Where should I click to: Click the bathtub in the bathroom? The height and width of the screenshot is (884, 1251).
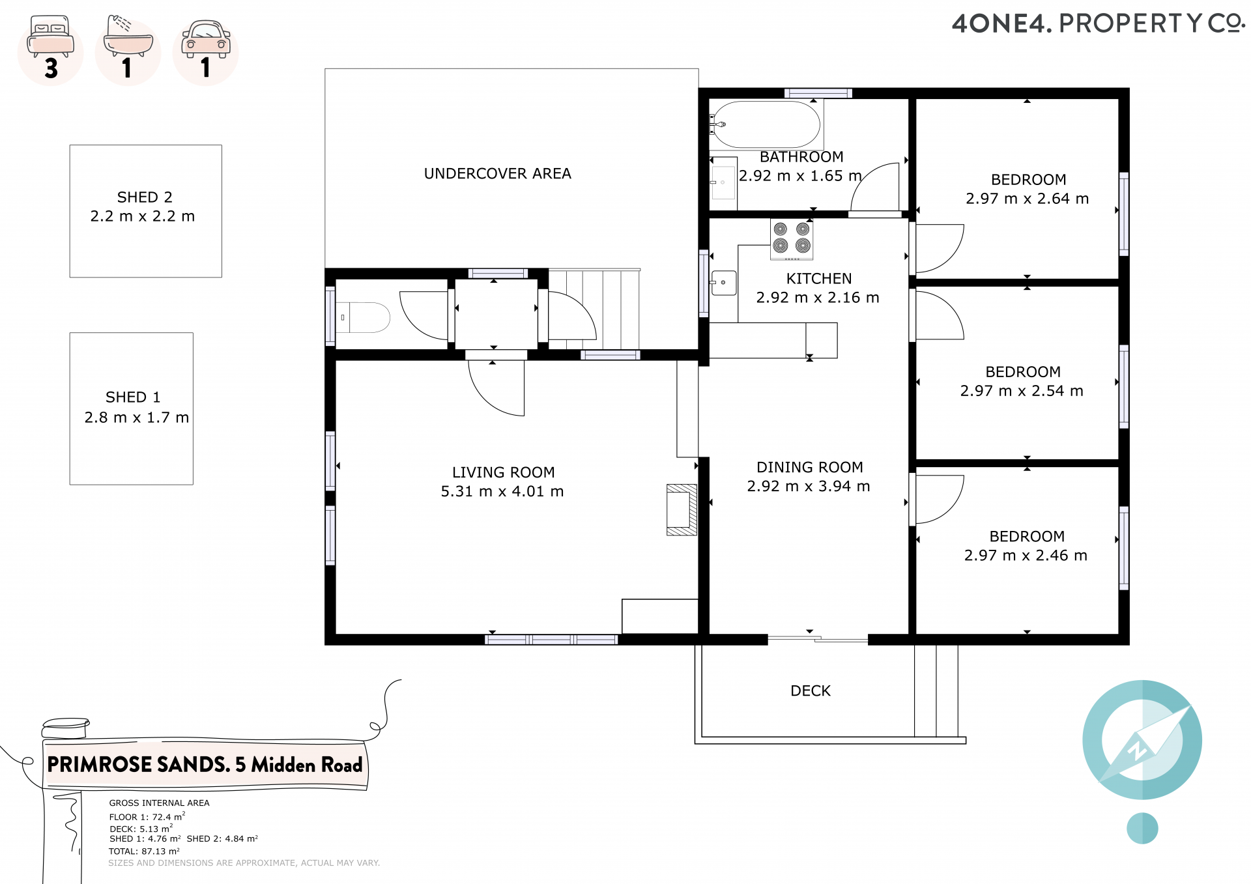coord(765,124)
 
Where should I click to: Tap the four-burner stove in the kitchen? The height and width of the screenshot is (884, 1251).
coord(792,238)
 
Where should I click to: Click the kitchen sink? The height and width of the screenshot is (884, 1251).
coord(723,283)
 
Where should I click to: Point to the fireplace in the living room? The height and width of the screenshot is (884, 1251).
coord(682,509)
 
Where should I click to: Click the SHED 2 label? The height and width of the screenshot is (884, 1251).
coord(145,197)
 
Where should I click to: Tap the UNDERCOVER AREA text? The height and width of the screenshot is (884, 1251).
coord(498,173)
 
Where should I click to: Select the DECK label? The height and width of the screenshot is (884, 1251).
coord(811,691)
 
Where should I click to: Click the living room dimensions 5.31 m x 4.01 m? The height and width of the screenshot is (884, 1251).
coord(502,491)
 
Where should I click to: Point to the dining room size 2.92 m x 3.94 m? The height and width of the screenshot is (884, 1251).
coord(809,486)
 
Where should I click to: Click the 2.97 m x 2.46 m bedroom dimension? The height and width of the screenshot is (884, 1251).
coord(1026,555)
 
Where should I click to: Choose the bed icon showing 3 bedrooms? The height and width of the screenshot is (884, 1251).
coord(51,51)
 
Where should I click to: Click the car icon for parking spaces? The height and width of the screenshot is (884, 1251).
coord(206,51)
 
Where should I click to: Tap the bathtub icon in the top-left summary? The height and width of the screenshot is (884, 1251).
coord(128,51)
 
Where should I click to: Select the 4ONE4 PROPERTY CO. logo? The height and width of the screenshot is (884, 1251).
coord(1099,23)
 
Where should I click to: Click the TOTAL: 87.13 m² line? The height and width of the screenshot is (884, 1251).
coord(144,851)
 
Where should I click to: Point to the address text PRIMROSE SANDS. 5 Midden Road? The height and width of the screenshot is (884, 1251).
coord(205,764)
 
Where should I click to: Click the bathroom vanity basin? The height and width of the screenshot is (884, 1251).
coord(723,182)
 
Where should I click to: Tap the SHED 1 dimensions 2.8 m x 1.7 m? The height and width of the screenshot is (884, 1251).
coord(137,417)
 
